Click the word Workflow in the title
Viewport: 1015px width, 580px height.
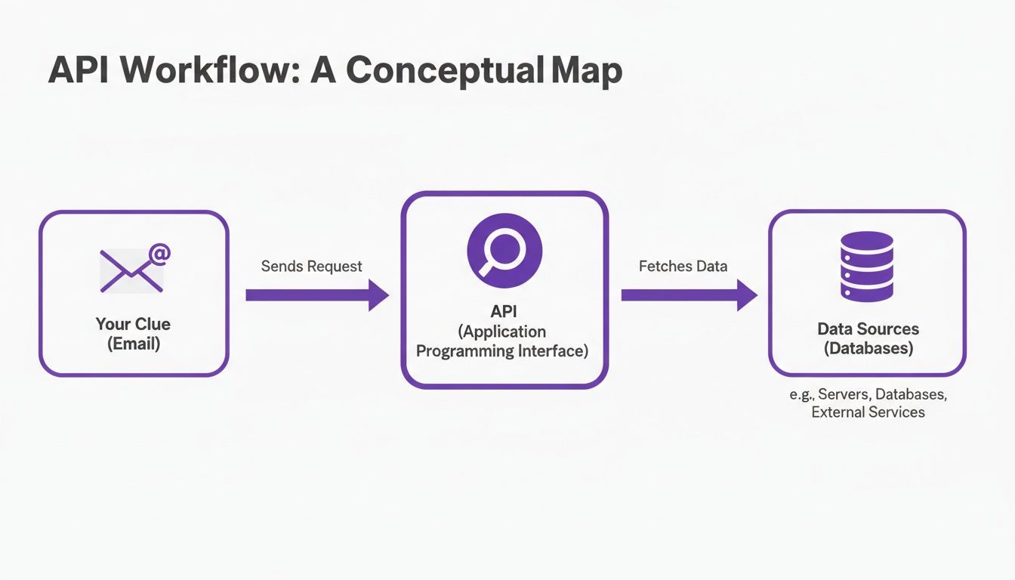[208, 70]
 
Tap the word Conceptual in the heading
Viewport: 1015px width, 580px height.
[446, 70]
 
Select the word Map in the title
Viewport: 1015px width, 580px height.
[586, 70]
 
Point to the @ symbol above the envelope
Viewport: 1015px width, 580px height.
[159, 255]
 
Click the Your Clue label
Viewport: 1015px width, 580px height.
[133, 324]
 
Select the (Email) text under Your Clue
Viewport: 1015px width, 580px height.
[133, 344]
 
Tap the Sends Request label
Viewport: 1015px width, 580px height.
[311, 267]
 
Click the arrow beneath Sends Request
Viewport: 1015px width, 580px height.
[316, 295]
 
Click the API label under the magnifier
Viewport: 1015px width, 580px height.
[504, 312]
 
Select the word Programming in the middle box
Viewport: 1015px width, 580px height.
[464, 351]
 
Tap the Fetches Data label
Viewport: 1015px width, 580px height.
[683, 267]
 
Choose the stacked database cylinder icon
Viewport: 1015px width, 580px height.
[867, 267]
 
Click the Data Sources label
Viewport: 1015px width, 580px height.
[868, 329]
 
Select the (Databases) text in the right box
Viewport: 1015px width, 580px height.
[868, 349]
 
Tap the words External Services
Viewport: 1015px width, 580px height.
[868, 412]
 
